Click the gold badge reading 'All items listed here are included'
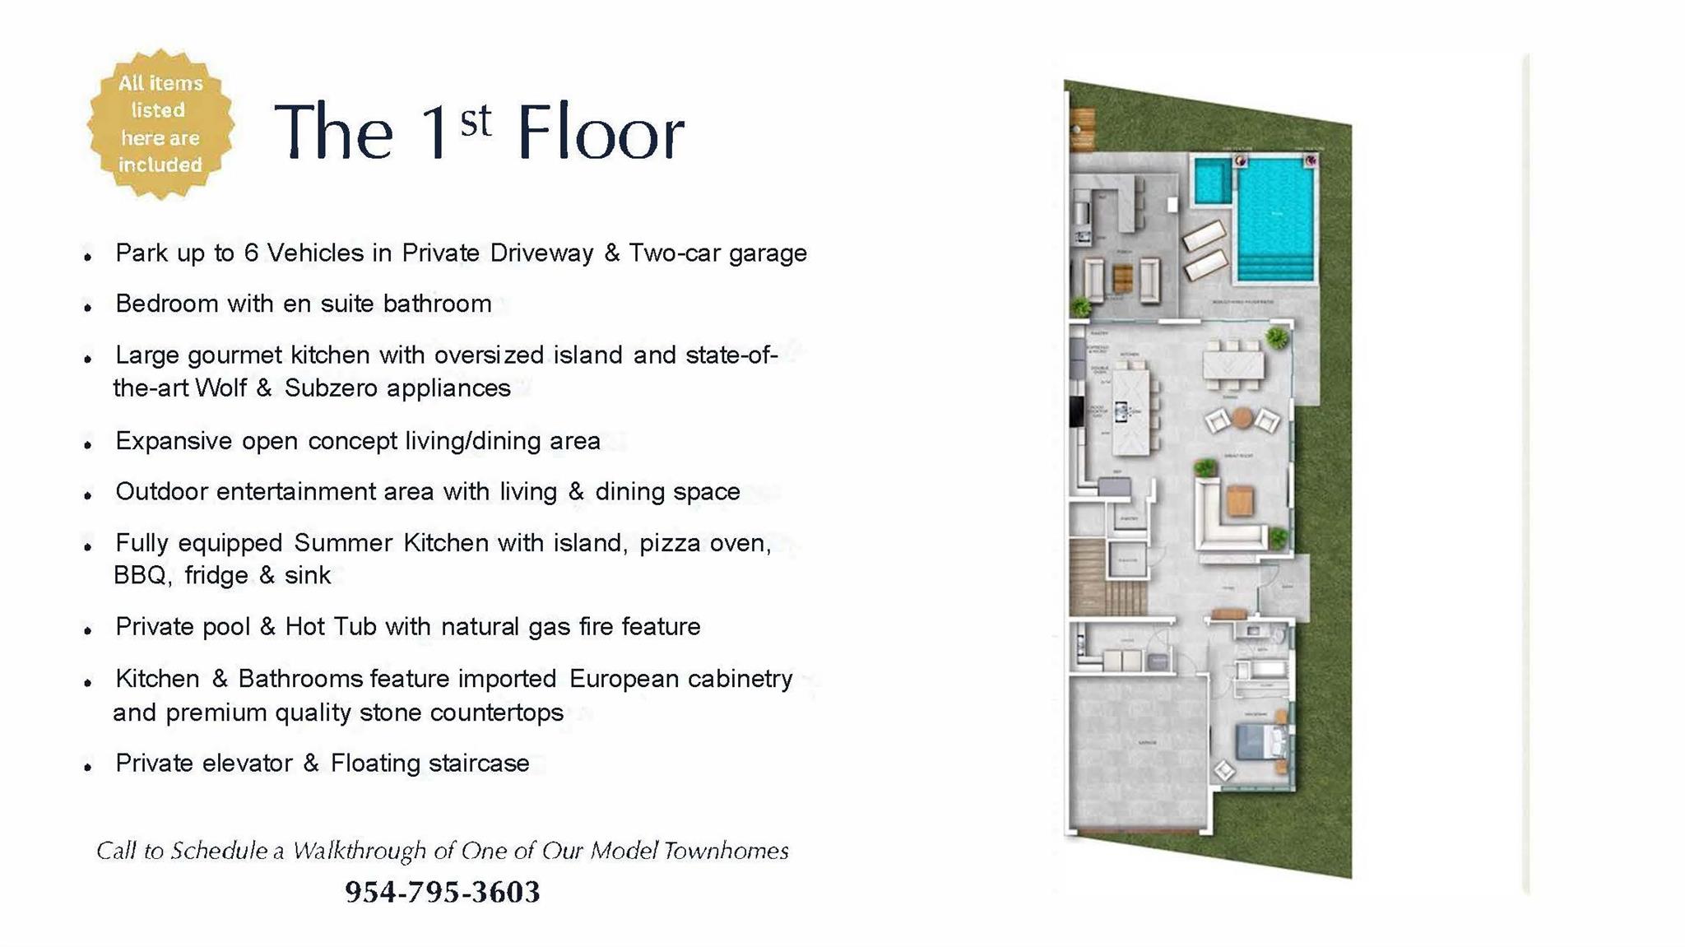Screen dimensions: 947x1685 coord(160,123)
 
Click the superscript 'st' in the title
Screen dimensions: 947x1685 coord(476,122)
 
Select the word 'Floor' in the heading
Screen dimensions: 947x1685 coord(600,132)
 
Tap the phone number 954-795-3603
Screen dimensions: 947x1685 coord(442,892)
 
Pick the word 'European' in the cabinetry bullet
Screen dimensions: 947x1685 coord(623,679)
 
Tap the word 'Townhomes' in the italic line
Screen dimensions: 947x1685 coord(726,851)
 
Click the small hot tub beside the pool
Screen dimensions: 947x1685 coord(1212,181)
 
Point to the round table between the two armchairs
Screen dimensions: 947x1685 coord(1242,418)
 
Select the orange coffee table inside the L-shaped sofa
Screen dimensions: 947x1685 coord(1239,501)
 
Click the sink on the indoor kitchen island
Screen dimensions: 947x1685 coord(1121,410)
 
